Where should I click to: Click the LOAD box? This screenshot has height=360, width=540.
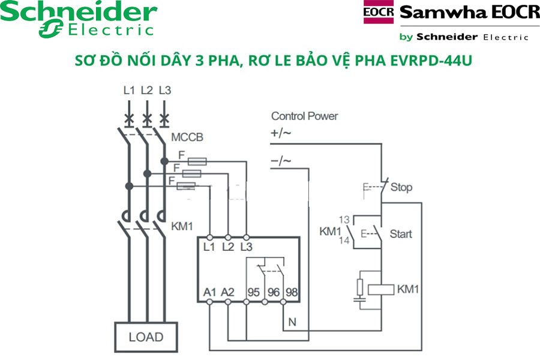click(146, 337)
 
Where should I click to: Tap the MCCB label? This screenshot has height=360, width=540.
click(187, 137)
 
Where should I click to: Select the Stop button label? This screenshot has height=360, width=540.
click(401, 187)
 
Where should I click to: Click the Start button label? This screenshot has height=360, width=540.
click(401, 233)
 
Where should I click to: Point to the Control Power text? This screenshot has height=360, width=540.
click(304, 116)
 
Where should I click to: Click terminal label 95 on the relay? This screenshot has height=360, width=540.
click(254, 292)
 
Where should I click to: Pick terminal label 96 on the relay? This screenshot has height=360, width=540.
click(274, 292)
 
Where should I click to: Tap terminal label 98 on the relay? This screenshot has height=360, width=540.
click(292, 292)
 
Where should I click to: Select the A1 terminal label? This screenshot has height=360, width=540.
click(209, 292)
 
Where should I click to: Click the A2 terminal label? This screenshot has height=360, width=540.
click(228, 292)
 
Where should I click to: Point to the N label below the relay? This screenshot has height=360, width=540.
click(292, 322)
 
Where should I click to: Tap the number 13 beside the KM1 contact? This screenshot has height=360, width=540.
click(344, 220)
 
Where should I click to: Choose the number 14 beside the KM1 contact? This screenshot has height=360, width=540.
click(344, 241)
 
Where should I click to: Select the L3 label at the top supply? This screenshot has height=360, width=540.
click(165, 91)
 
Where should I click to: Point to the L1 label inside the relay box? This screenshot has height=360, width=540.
click(209, 247)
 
